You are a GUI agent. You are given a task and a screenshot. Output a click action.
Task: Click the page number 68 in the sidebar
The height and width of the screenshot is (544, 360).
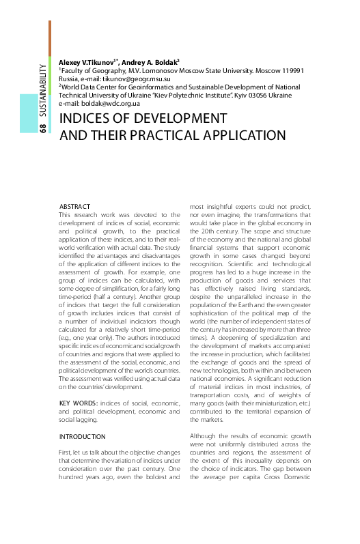pyautogui.click(x=43, y=128)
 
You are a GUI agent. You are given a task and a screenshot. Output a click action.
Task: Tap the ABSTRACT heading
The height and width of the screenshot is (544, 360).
pyautogui.click(x=75, y=205)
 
